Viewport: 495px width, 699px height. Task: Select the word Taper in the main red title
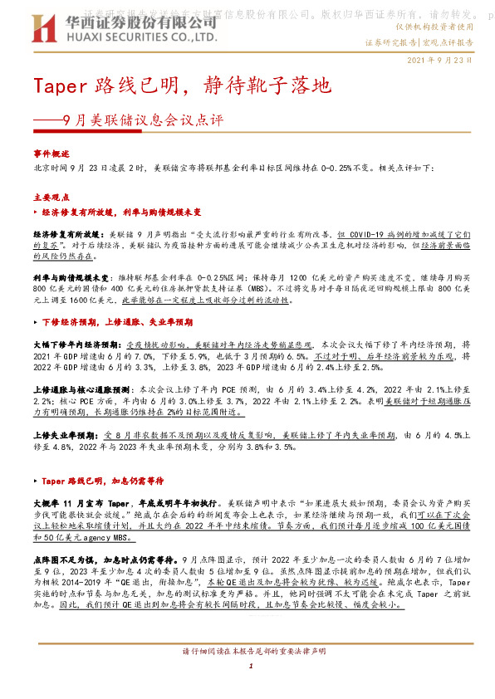coord(58,86)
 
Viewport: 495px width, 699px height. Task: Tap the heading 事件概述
coord(51,154)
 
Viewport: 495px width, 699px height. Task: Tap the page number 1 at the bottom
coord(248,688)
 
